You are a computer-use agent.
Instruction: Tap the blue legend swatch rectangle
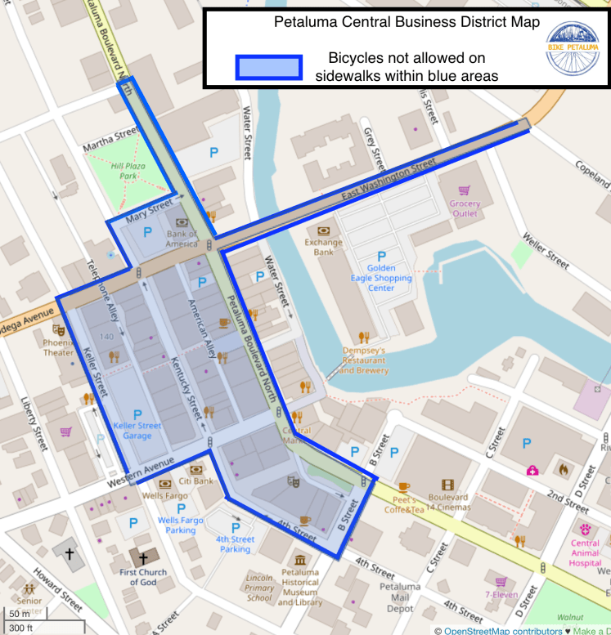tap(268, 67)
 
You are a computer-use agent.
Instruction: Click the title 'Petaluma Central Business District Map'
tap(407, 23)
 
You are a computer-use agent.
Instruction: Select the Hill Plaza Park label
tap(127, 170)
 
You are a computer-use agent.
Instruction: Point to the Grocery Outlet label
tap(465, 208)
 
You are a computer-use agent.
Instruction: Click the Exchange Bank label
tap(323, 247)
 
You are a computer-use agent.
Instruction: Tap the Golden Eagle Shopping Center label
tap(381, 278)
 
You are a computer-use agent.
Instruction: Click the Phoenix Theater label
tap(58, 348)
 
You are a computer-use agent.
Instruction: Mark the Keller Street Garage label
tap(137, 430)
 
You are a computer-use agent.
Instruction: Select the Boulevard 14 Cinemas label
tap(447, 501)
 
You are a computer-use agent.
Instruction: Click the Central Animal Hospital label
tap(586, 552)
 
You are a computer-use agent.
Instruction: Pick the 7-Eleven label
tap(501, 594)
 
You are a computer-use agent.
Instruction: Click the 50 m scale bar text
tap(19, 614)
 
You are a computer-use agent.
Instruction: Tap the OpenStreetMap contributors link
tap(502, 630)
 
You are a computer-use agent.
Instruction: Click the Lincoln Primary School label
tap(260, 588)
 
